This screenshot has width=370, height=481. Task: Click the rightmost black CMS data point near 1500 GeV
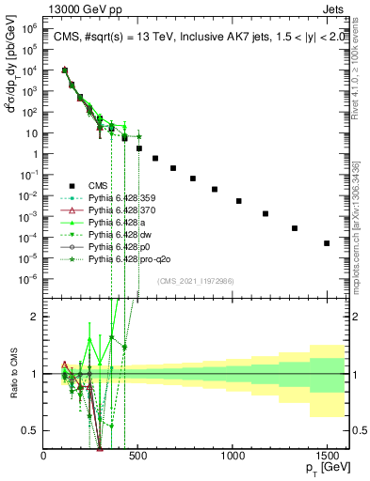pyautogui.click(x=327, y=243)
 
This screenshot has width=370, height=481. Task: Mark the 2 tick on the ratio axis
pyautogui.click(x=35, y=316)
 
